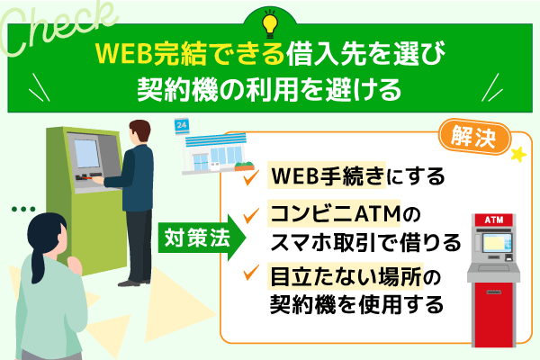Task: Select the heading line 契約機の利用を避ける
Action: point(270,91)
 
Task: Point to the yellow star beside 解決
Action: point(517,156)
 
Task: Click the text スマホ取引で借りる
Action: point(365,242)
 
